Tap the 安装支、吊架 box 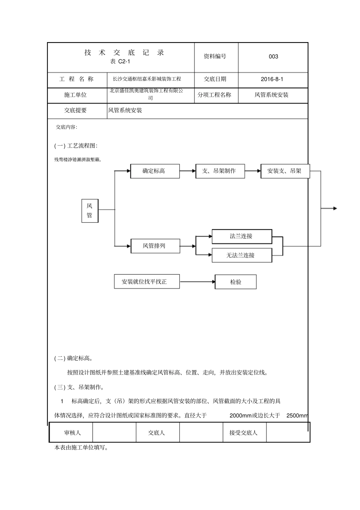coord(285,171)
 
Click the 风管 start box coord(90,211)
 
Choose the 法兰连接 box coord(241,236)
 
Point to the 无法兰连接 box coord(241,255)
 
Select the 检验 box coord(235,282)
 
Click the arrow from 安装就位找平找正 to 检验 coord(197,282)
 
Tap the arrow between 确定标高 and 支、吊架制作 coord(188,171)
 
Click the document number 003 coord(273,57)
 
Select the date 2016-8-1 coord(272,79)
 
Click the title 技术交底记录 coord(124,53)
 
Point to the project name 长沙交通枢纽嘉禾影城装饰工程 coord(147,79)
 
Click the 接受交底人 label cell coord(244,433)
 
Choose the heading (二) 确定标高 coord(74,358)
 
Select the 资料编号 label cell coord(215,56)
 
